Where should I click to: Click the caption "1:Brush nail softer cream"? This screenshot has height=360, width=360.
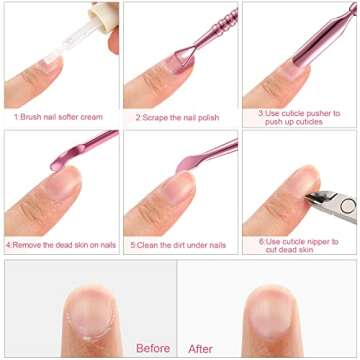point(59,116)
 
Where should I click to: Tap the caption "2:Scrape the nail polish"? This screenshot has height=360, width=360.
point(178,116)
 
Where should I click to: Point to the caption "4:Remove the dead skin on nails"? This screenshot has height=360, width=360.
point(59,244)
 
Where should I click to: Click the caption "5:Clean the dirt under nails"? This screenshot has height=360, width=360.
point(179,244)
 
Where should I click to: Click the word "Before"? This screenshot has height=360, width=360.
point(153,348)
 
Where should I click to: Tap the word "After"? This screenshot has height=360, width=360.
point(200,348)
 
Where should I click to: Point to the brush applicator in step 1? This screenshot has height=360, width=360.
point(46,46)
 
